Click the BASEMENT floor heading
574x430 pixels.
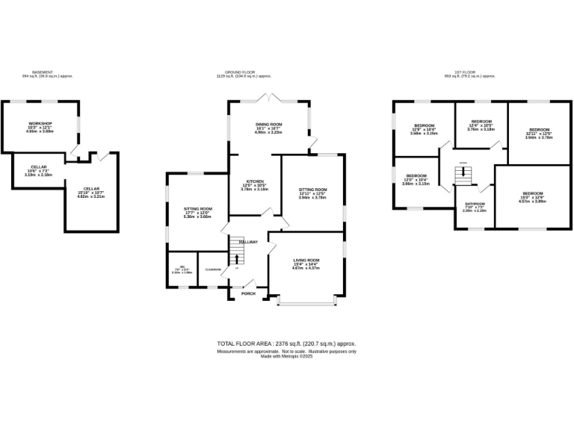click(x=43, y=72)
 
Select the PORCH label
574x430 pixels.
click(x=247, y=293)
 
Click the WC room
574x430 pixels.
click(x=176, y=270)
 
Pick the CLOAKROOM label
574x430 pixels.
click(x=212, y=269)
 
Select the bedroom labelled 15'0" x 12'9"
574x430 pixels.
click(x=533, y=196)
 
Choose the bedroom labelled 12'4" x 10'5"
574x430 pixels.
click(x=481, y=125)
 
